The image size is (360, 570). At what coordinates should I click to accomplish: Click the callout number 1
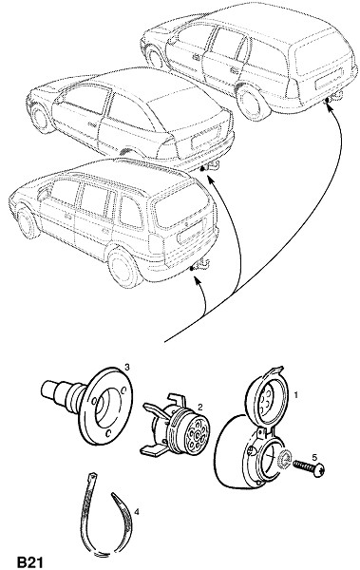coord(296,394)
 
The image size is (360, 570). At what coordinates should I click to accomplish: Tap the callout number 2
coord(200,407)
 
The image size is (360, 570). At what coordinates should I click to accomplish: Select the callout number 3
coord(127,367)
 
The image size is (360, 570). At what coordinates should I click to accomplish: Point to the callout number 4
coord(137,512)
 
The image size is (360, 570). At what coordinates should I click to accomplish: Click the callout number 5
coord(314,457)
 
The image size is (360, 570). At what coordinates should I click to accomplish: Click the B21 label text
coord(29,562)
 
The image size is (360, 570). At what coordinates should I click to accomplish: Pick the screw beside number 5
coord(309,467)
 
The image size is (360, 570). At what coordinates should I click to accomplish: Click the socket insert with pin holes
coord(179,426)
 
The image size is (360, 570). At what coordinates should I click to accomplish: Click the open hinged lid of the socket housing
coord(267,396)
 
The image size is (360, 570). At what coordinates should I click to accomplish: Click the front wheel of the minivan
coord(28,222)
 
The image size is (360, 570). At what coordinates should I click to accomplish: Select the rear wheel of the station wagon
coord(252,102)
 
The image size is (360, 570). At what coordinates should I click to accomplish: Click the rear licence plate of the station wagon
coord(330,79)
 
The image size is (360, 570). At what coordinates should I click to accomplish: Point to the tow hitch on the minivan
coord(201,265)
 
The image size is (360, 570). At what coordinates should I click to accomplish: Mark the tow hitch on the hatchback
coord(211,166)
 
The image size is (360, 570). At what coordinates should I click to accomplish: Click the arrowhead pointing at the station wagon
coord(329,106)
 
